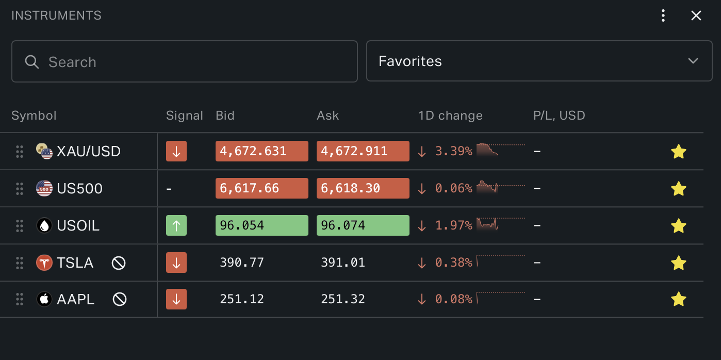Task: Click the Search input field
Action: pyautogui.click(x=184, y=62)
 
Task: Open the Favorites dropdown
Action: pyautogui.click(x=539, y=61)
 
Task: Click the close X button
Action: pyautogui.click(x=696, y=15)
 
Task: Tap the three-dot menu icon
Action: pyautogui.click(x=663, y=15)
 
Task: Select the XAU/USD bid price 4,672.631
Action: pyautogui.click(x=261, y=151)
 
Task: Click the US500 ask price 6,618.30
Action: pyautogui.click(x=363, y=188)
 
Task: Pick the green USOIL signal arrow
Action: pyautogui.click(x=176, y=225)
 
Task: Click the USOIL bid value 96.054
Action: pyautogui.click(x=261, y=225)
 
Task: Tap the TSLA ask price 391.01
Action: pyautogui.click(x=343, y=263)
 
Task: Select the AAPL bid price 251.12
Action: pyautogui.click(x=242, y=299)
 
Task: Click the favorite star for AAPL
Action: pyautogui.click(x=679, y=299)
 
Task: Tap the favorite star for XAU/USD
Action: pyautogui.click(x=679, y=152)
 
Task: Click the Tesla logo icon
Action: pyautogui.click(x=44, y=263)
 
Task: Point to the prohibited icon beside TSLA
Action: pyautogui.click(x=119, y=263)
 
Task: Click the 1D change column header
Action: pyautogui.click(x=450, y=116)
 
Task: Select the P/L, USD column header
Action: pyautogui.click(x=559, y=116)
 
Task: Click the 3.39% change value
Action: pyautogui.click(x=453, y=152)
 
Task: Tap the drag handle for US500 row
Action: pyautogui.click(x=20, y=189)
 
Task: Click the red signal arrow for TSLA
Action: pyautogui.click(x=176, y=263)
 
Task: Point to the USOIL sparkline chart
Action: pyautogui.click(x=488, y=224)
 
